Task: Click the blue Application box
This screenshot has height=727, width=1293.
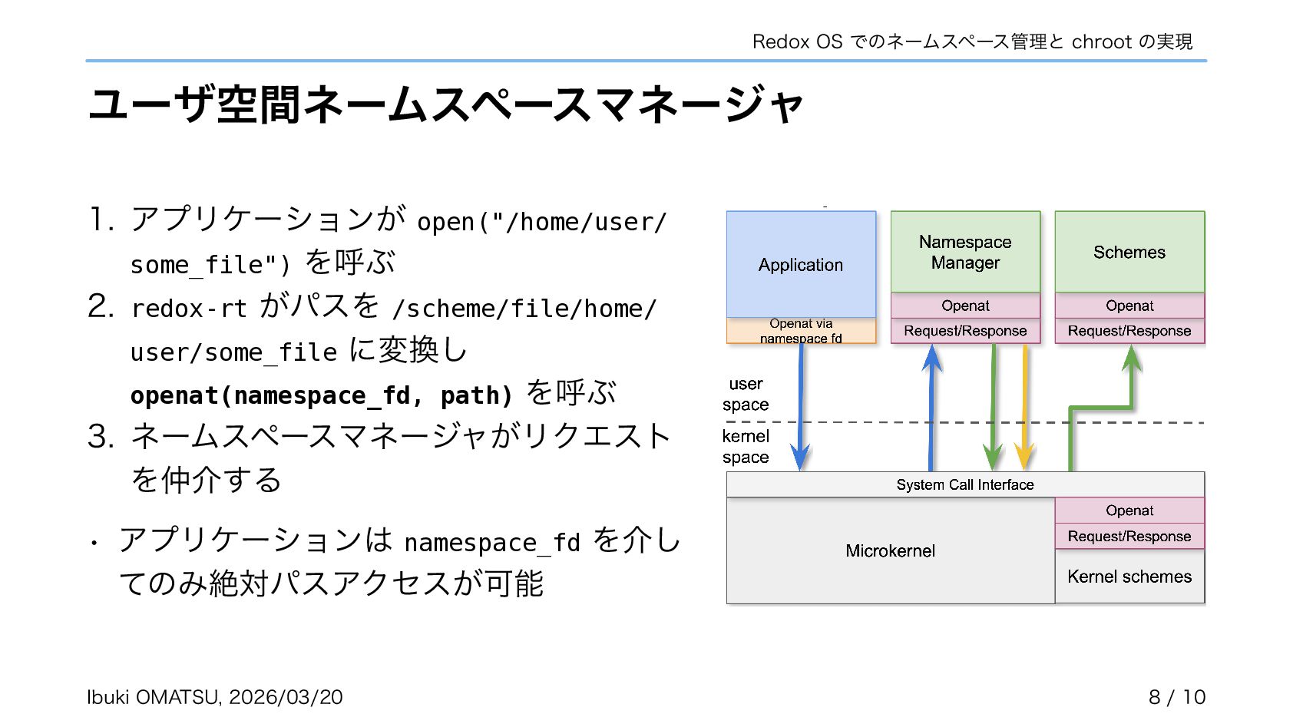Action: (801, 264)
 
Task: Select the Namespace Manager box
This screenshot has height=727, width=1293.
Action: (965, 252)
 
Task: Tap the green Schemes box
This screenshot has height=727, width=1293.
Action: (1129, 252)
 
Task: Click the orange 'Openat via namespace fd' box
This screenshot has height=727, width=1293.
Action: (801, 331)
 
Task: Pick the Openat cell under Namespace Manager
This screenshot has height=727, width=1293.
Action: (965, 306)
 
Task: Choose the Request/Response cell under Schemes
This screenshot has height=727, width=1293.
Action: (1129, 331)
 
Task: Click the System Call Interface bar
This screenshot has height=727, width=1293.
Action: (965, 484)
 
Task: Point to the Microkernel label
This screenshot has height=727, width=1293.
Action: (890, 550)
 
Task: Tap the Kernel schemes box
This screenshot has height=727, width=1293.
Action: (1129, 577)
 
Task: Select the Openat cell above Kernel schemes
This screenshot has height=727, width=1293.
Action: (1129, 511)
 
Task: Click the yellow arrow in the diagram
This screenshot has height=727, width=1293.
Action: (1024, 407)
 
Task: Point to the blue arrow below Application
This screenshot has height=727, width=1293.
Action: (800, 407)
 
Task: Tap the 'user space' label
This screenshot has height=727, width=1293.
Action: (746, 394)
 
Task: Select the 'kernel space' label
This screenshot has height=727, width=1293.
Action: (746, 447)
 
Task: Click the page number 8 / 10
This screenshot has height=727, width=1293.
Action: (1176, 697)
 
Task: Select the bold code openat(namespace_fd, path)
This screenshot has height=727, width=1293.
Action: (321, 395)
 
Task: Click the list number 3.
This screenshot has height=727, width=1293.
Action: (101, 437)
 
